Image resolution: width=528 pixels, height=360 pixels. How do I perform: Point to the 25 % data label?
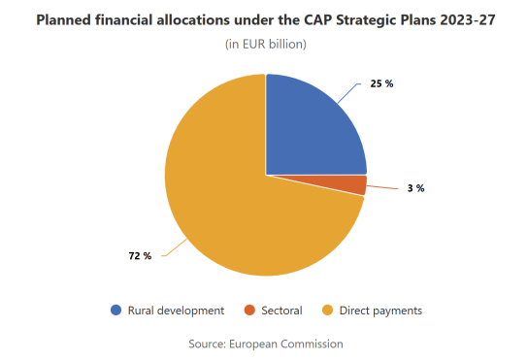coord(381,83)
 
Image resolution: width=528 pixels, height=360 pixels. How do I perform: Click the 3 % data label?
coord(415,188)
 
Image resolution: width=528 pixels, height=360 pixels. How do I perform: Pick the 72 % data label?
coord(140,256)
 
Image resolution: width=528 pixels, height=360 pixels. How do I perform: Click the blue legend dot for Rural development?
coord(115,311)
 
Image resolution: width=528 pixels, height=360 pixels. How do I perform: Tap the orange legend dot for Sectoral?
coord(249,311)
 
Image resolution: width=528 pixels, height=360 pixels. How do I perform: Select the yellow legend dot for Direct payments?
coord(327,311)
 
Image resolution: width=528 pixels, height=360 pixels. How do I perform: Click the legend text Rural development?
coord(176,311)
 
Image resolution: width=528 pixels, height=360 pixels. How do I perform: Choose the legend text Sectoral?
coord(281,311)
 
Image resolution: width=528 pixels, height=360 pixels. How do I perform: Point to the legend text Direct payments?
coord(380,311)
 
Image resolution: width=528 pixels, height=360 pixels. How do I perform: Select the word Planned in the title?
coord(64,20)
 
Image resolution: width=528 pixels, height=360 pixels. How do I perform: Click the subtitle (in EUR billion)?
coord(266,44)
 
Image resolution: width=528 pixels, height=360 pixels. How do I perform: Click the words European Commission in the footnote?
coord(286,344)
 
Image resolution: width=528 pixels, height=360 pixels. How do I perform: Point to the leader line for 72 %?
coord(175,248)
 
